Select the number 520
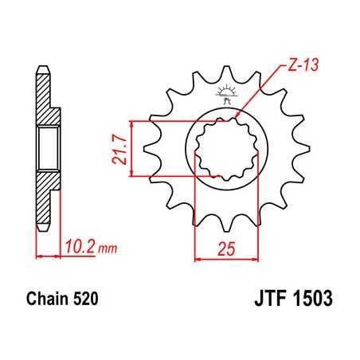87,301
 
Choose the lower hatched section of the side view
47,195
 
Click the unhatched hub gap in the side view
47,148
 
